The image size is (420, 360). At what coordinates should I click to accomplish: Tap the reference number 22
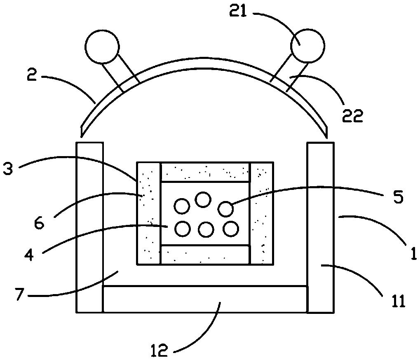[x=352, y=116]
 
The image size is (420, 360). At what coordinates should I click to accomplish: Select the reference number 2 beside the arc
[x=32, y=75]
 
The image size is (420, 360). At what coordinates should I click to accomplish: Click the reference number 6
[x=39, y=223]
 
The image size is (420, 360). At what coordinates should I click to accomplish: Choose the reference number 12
[x=160, y=351]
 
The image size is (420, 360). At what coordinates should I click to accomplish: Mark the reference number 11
[x=398, y=302]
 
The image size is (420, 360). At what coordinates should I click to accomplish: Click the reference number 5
[x=398, y=197]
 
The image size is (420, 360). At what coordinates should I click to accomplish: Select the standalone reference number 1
[x=413, y=253]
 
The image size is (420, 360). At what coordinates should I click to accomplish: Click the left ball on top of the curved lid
[x=102, y=47]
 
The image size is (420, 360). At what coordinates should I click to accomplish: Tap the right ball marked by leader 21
[x=308, y=45]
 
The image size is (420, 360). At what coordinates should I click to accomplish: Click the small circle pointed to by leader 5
[x=226, y=209]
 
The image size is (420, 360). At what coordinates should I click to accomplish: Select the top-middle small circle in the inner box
[x=203, y=200]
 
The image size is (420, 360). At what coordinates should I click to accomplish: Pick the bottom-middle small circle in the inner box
[x=206, y=229]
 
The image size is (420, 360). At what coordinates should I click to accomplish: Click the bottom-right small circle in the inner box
[x=231, y=229]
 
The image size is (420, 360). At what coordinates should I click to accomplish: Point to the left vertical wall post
[x=90, y=227]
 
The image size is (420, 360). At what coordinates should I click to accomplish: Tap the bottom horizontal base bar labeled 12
[x=205, y=299]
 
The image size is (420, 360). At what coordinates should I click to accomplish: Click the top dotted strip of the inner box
[x=205, y=172]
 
